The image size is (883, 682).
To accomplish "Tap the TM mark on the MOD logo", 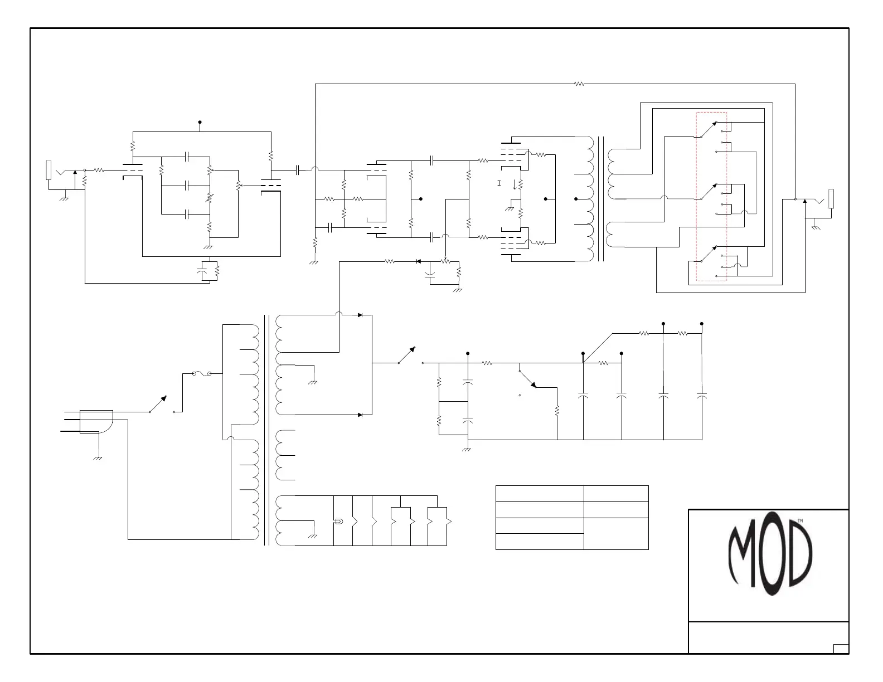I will click(x=800, y=520).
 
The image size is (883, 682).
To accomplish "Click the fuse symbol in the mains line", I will click(x=202, y=374).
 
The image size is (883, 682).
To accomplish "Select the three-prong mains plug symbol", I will click(x=96, y=421).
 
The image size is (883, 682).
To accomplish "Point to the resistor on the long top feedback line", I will click(x=579, y=84).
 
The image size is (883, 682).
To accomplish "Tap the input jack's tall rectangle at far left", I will click(x=48, y=170).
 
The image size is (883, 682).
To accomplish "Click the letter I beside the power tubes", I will click(x=499, y=183).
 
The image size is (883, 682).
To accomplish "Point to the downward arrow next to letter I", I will click(x=514, y=184).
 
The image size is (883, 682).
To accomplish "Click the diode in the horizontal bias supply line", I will click(x=419, y=261).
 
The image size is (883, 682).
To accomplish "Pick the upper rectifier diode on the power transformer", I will click(x=360, y=315).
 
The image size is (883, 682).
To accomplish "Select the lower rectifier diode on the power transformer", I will click(x=360, y=415).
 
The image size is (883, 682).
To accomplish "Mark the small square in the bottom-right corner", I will click(x=841, y=649).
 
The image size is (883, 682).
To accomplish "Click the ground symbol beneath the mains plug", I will click(x=98, y=458).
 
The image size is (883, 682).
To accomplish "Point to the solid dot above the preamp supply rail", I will click(x=200, y=122).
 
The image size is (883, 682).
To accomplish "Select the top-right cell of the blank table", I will click(x=616, y=494).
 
